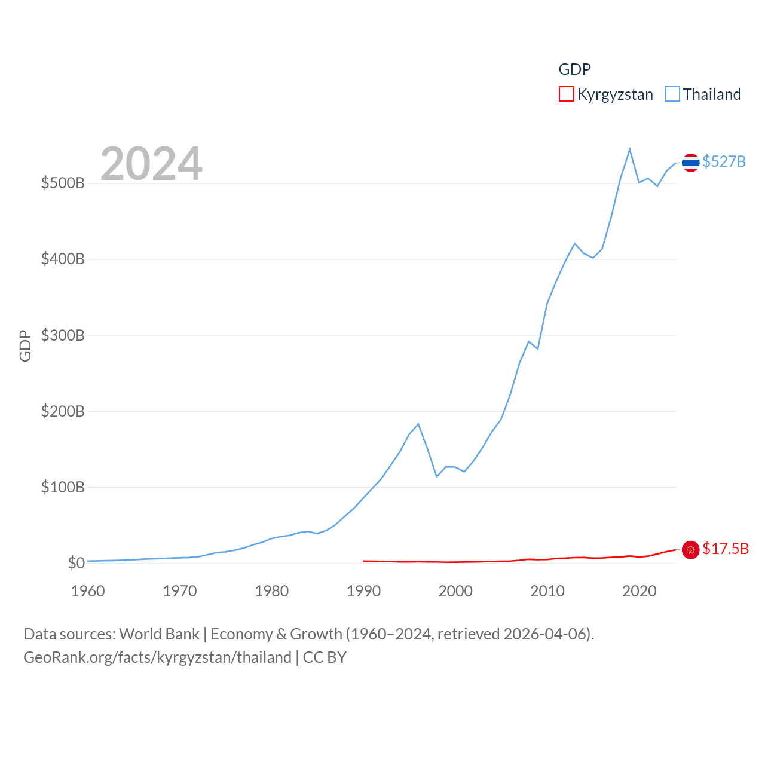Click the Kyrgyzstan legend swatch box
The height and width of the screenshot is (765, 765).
(566, 94)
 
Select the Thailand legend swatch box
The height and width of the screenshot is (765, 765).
(672, 94)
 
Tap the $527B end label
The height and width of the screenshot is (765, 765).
(724, 161)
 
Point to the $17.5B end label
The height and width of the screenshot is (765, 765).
(726, 549)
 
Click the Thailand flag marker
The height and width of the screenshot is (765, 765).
(690, 163)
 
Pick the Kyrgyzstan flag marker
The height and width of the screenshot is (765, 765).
(690, 550)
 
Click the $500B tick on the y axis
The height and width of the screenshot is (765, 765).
(63, 183)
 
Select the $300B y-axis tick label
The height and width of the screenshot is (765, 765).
(63, 335)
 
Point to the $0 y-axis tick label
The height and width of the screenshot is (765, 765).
(76, 563)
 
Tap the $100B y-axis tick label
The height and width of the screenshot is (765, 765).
(63, 487)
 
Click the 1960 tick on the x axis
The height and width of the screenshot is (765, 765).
(88, 591)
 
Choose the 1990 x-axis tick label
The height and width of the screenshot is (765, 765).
(363, 591)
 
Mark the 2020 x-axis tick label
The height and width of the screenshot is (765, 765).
(639, 591)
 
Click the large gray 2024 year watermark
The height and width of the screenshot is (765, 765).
(151, 164)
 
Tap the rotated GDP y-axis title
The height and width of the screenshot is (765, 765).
(25, 345)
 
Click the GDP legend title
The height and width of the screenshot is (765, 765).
(574, 69)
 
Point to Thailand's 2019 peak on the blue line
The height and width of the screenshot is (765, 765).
(630, 149)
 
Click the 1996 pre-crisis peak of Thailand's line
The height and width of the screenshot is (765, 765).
(418, 424)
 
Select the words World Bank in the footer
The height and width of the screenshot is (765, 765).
(159, 634)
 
